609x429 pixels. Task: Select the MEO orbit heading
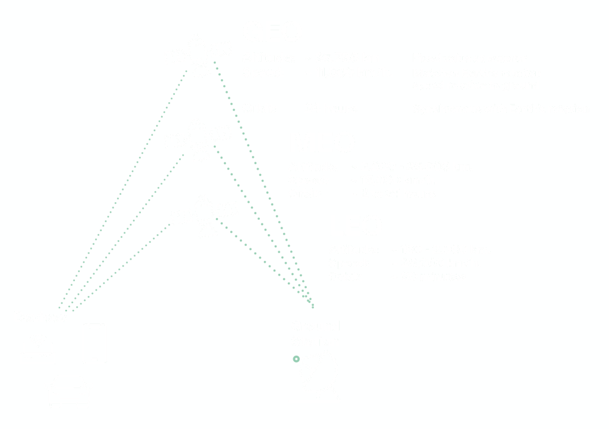[325, 141]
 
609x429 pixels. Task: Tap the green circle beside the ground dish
[296, 358]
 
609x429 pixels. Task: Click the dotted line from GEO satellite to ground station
[262, 178]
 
